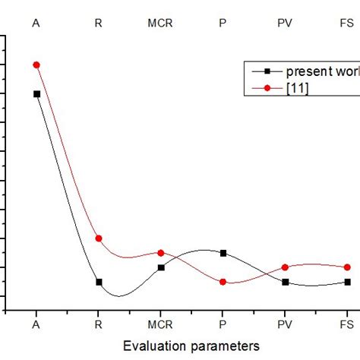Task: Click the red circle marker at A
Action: click(x=36, y=65)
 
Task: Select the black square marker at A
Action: click(x=36, y=93)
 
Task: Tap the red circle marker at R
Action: click(x=98, y=238)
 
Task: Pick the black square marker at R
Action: click(x=98, y=282)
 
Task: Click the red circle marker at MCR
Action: click(x=160, y=253)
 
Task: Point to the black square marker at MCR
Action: click(x=160, y=267)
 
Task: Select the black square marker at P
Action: click(x=223, y=253)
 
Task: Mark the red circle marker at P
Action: click(x=223, y=282)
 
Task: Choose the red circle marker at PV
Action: click(x=285, y=267)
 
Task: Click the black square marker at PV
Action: click(x=285, y=282)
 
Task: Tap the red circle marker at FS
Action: click(x=347, y=267)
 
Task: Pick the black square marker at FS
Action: click(x=347, y=282)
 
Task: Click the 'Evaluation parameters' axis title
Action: click(x=191, y=346)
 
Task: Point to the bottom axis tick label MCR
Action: click(x=160, y=324)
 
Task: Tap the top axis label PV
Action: click(x=285, y=23)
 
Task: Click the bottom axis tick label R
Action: click(x=98, y=324)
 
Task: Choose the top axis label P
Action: click(x=223, y=23)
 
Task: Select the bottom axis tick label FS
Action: click(x=347, y=324)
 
